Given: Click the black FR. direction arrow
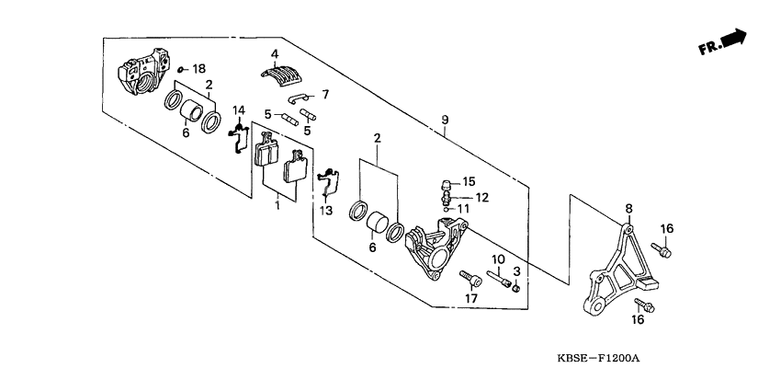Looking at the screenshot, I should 733,38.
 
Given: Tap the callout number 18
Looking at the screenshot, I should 199,69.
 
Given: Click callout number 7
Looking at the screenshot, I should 323,94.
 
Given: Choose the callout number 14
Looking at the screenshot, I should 238,111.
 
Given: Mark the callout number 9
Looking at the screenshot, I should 445,121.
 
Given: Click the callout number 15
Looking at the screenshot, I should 468,181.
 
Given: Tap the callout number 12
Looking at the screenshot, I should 482,197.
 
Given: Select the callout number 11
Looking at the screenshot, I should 464,210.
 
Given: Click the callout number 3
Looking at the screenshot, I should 517,271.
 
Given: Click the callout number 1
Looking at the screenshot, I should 276,206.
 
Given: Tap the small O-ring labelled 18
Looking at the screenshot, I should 182,69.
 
